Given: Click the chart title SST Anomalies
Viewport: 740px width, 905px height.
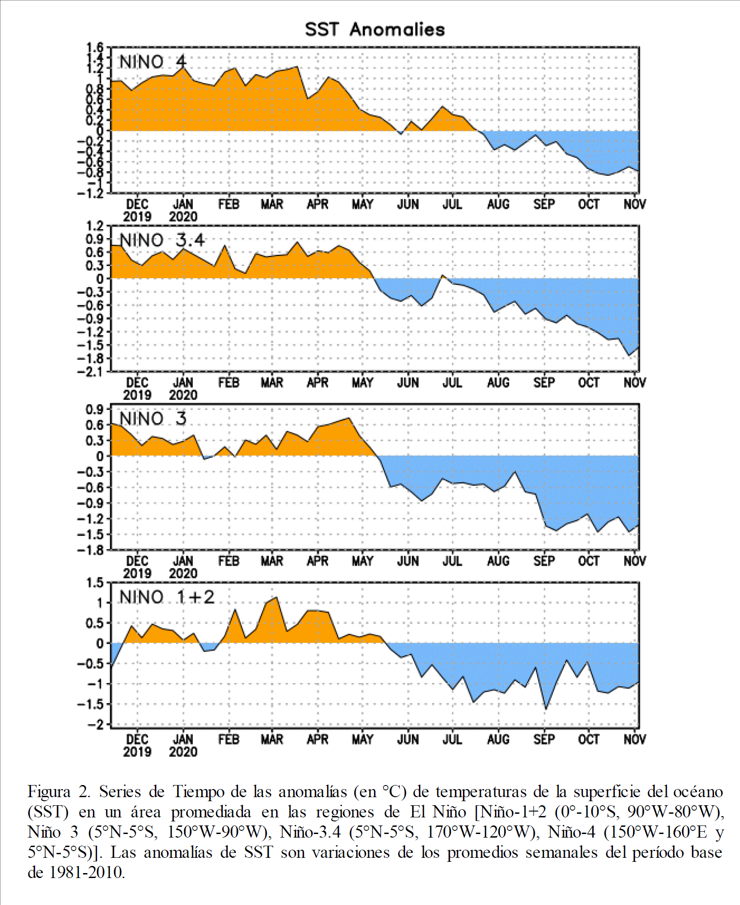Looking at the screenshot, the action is point(375,30).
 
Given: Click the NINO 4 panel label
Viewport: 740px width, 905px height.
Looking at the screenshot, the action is point(152,62).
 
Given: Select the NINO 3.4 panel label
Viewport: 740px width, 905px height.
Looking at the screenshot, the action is point(162,240).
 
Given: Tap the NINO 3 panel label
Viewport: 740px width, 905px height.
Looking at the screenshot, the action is point(153,418).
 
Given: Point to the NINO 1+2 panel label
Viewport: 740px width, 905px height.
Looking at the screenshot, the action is point(167,597).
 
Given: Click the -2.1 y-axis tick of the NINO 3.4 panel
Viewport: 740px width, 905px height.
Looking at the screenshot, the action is point(91,372).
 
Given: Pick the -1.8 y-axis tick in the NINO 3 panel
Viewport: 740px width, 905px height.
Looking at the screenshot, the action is point(91,550).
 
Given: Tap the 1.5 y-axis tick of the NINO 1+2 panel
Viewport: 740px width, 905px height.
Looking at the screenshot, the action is point(95,583).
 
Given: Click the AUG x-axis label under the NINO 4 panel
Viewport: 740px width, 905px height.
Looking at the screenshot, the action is point(498,204).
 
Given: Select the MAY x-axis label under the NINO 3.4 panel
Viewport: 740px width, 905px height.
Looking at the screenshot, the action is point(362,383).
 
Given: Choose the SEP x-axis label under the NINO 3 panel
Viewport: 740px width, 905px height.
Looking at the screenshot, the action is point(544,561).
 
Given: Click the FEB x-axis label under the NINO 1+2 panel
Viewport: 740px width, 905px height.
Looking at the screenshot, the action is point(229,740).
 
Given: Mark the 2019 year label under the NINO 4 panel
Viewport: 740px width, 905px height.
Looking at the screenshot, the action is point(137,217).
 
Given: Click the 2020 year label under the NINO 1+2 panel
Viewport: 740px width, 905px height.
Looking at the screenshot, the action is point(183,752).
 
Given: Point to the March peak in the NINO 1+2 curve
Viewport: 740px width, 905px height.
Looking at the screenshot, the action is point(276,597).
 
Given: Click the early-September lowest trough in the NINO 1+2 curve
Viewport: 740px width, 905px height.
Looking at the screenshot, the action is point(546,709).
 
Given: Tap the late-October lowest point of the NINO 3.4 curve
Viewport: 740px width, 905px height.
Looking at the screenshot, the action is point(629,355).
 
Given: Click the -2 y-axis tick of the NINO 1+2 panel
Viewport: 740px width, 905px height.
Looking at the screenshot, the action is point(95,724).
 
